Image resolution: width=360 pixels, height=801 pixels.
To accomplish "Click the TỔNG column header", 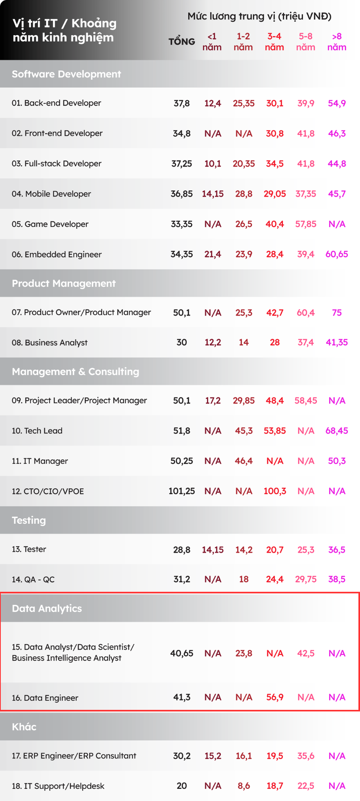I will click(x=182, y=42).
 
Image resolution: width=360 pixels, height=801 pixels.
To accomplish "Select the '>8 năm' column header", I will click(x=337, y=42).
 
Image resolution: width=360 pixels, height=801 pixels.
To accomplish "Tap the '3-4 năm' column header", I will click(x=274, y=42).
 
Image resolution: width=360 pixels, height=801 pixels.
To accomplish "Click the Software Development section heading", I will click(x=67, y=74).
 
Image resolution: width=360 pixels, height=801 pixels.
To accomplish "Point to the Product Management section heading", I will click(x=64, y=283).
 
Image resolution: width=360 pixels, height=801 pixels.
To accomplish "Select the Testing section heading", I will click(x=29, y=520).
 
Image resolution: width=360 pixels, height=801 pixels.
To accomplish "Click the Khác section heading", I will click(x=24, y=727).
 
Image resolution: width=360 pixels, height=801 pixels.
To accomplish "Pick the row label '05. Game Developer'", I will click(x=50, y=224).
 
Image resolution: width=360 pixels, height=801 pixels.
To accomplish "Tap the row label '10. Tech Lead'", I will click(x=37, y=431).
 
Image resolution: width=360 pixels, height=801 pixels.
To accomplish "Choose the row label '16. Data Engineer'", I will click(x=45, y=698).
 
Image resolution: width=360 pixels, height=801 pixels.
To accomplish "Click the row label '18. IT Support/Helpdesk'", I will click(x=58, y=786).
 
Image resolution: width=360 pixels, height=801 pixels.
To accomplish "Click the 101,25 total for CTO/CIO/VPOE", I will click(x=182, y=491).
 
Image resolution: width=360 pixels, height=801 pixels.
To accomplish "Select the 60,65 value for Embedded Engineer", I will click(x=337, y=254).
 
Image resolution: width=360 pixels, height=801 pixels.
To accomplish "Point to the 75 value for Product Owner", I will click(x=337, y=312).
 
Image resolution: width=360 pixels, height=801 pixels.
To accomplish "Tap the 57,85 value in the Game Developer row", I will click(x=306, y=224).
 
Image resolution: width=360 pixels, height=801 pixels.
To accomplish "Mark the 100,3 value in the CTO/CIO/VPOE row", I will click(x=275, y=491).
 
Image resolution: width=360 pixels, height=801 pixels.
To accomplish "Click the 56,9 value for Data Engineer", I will click(x=275, y=697).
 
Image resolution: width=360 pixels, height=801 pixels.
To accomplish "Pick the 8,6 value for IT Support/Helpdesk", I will click(x=244, y=786).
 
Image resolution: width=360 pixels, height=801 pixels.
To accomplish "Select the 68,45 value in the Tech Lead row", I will click(x=337, y=431).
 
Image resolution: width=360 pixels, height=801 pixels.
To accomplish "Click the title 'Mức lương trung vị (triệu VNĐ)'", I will click(x=259, y=16).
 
